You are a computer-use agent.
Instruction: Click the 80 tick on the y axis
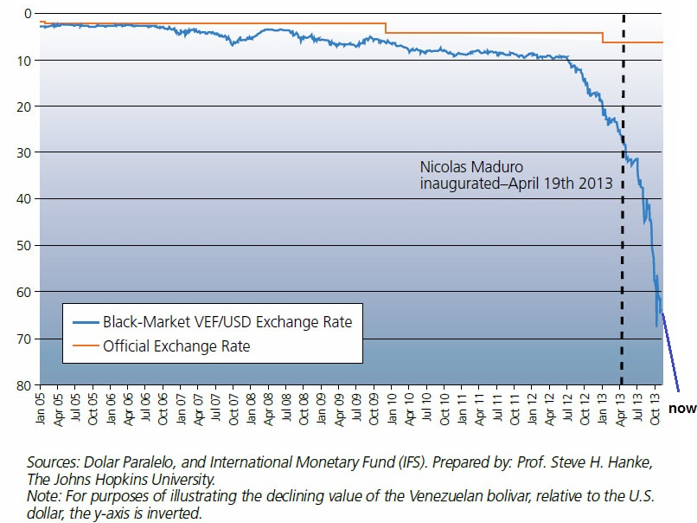coord(22,384)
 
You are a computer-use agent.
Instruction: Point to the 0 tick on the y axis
coord(26,14)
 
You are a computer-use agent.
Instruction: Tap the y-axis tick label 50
coord(22,245)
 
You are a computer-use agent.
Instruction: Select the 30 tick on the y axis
coord(22,152)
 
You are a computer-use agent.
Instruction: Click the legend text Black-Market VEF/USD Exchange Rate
coord(227,321)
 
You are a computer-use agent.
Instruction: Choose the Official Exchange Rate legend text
coord(176,345)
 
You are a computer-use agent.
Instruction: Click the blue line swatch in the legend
coord(84,321)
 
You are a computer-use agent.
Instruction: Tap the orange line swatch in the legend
coord(84,345)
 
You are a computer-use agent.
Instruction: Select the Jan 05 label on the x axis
coord(41,403)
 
